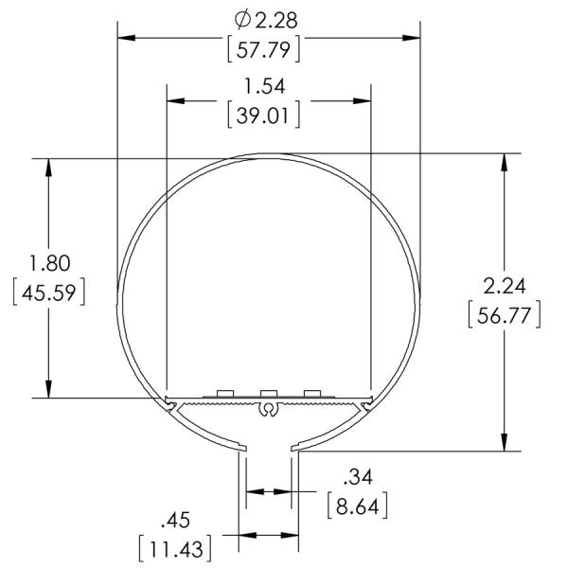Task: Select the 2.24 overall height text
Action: pos(505,285)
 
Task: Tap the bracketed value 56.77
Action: pos(505,315)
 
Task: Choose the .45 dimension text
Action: pos(176,519)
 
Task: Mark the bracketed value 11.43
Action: pos(174,548)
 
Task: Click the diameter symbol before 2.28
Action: pos(241,18)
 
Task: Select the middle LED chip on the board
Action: pos(269,392)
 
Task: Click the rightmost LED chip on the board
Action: pos(311,392)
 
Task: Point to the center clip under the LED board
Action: pos(269,410)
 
